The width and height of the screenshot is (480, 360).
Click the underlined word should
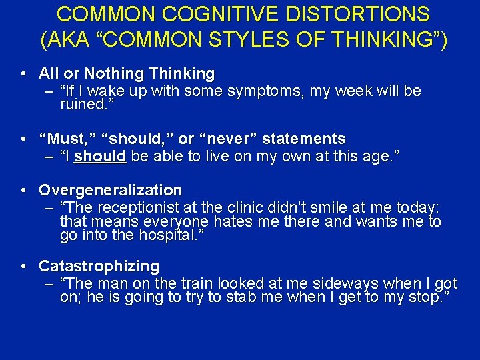point(100,157)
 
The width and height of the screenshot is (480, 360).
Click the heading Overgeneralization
point(110,191)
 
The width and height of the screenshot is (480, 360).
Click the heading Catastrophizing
point(99,267)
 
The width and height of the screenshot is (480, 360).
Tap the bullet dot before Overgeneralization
point(23,191)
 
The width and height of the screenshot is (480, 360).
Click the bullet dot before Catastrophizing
point(23,267)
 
